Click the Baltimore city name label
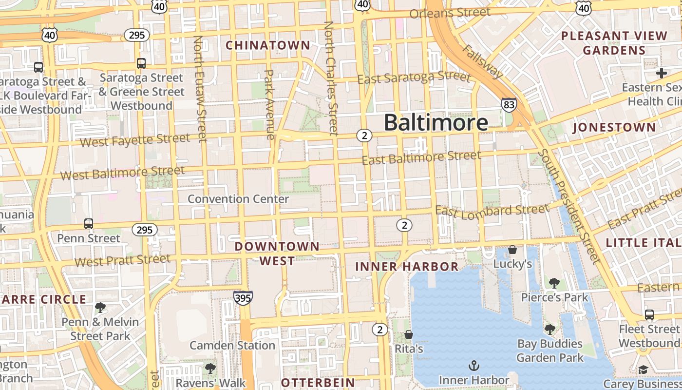[436, 122]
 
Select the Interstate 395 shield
[243, 297]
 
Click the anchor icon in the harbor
[474, 365]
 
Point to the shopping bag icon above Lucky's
[512, 250]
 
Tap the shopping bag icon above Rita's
[409, 334]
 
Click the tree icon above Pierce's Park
[554, 283]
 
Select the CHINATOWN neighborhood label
[268, 45]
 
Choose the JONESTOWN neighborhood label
[614, 128]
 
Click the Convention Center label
[238, 199]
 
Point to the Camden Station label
[232, 346]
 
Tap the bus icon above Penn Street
[88, 224]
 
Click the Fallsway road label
[482, 61]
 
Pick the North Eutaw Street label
[200, 89]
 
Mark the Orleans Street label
[450, 13]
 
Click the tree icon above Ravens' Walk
[210, 368]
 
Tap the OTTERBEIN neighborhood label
[318, 382]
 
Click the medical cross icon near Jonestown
[661, 74]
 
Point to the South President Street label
[568, 206]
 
